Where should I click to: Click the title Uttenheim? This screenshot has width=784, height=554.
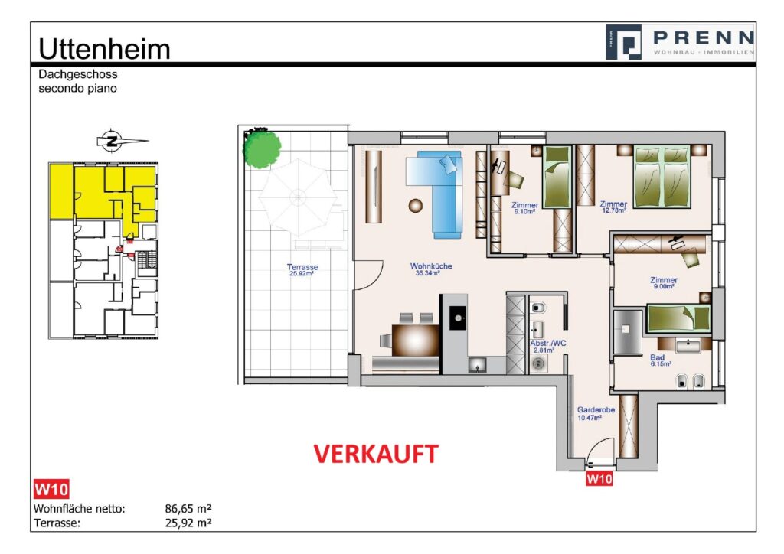pyautogui.click(x=104, y=48)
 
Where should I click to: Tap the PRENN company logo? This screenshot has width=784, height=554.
pyautogui.click(x=679, y=41)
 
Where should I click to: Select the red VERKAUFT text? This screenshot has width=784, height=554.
pyautogui.click(x=376, y=454)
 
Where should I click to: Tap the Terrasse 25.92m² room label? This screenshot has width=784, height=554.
pyautogui.click(x=302, y=271)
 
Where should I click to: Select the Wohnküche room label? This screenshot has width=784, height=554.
pyautogui.click(x=431, y=269)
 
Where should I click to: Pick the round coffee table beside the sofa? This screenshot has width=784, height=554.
pyautogui.click(x=416, y=205)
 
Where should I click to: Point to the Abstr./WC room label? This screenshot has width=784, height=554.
pyautogui.click(x=548, y=346)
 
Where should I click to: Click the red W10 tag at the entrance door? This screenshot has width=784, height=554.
pyautogui.click(x=599, y=480)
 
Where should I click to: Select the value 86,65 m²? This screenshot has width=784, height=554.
pyautogui.click(x=188, y=508)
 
